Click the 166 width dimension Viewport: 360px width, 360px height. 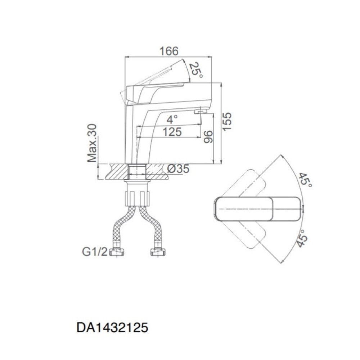169,51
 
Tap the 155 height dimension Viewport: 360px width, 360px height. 227,122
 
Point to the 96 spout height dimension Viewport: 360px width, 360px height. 208,137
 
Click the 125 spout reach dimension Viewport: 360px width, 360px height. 172,132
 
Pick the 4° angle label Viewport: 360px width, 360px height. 172,120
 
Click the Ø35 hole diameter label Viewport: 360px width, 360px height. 178,169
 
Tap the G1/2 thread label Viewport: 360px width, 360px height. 95,252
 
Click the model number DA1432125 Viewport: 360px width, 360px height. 112,327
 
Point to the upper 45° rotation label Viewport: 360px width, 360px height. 306,180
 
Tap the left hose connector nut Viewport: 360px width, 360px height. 116,252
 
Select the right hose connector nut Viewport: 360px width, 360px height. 158,252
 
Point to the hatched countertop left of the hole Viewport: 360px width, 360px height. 117,171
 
